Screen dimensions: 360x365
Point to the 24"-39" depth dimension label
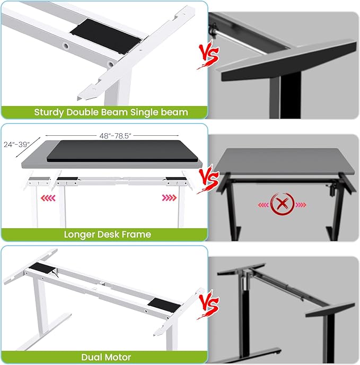[x=17, y=144]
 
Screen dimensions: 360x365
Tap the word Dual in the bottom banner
[x=90, y=357]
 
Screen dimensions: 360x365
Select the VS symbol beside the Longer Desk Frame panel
[x=208, y=179]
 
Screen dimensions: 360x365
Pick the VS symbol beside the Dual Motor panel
[x=208, y=305]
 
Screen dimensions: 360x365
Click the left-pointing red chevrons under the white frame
[x=48, y=198]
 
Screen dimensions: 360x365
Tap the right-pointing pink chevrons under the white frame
[x=170, y=198]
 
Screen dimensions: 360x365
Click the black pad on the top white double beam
[x=106, y=36]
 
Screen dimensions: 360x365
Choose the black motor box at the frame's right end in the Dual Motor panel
[x=164, y=306]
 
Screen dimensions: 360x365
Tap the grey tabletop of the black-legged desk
[x=284, y=162]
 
